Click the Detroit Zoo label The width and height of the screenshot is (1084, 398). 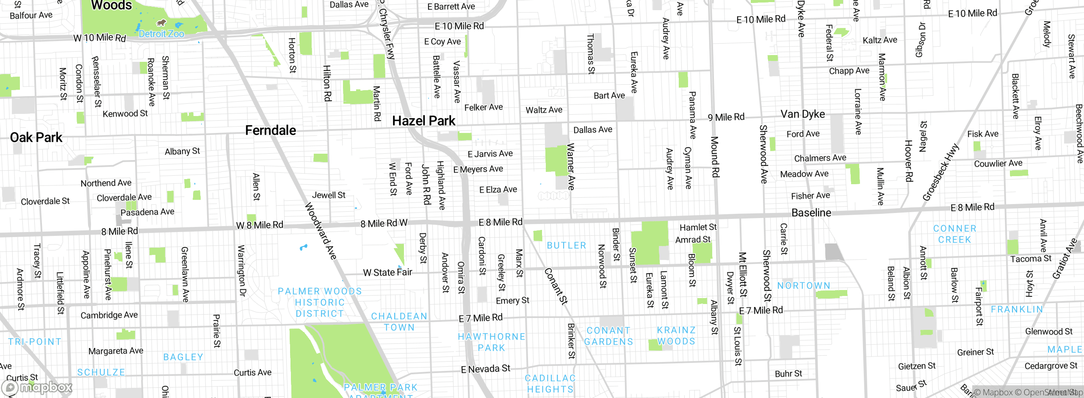(161, 34)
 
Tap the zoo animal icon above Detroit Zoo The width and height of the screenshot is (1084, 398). (161, 23)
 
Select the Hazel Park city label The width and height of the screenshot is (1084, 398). (423, 121)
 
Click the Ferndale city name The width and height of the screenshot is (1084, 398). (271, 130)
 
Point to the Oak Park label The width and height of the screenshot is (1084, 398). (36, 138)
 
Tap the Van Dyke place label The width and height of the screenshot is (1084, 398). (802, 114)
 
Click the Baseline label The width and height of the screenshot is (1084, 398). (811, 213)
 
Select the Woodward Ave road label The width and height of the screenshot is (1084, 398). (321, 231)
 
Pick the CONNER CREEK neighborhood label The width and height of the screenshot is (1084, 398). (954, 234)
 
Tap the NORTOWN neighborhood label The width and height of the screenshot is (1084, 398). (804, 286)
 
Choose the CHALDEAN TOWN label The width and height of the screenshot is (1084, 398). (399, 322)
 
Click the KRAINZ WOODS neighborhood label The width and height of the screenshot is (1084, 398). (676, 336)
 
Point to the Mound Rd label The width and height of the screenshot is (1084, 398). (715, 157)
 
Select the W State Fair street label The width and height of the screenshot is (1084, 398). (387, 273)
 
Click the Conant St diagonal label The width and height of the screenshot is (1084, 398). (556, 286)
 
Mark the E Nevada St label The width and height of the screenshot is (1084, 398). (485, 369)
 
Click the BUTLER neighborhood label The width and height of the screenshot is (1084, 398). (566, 246)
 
